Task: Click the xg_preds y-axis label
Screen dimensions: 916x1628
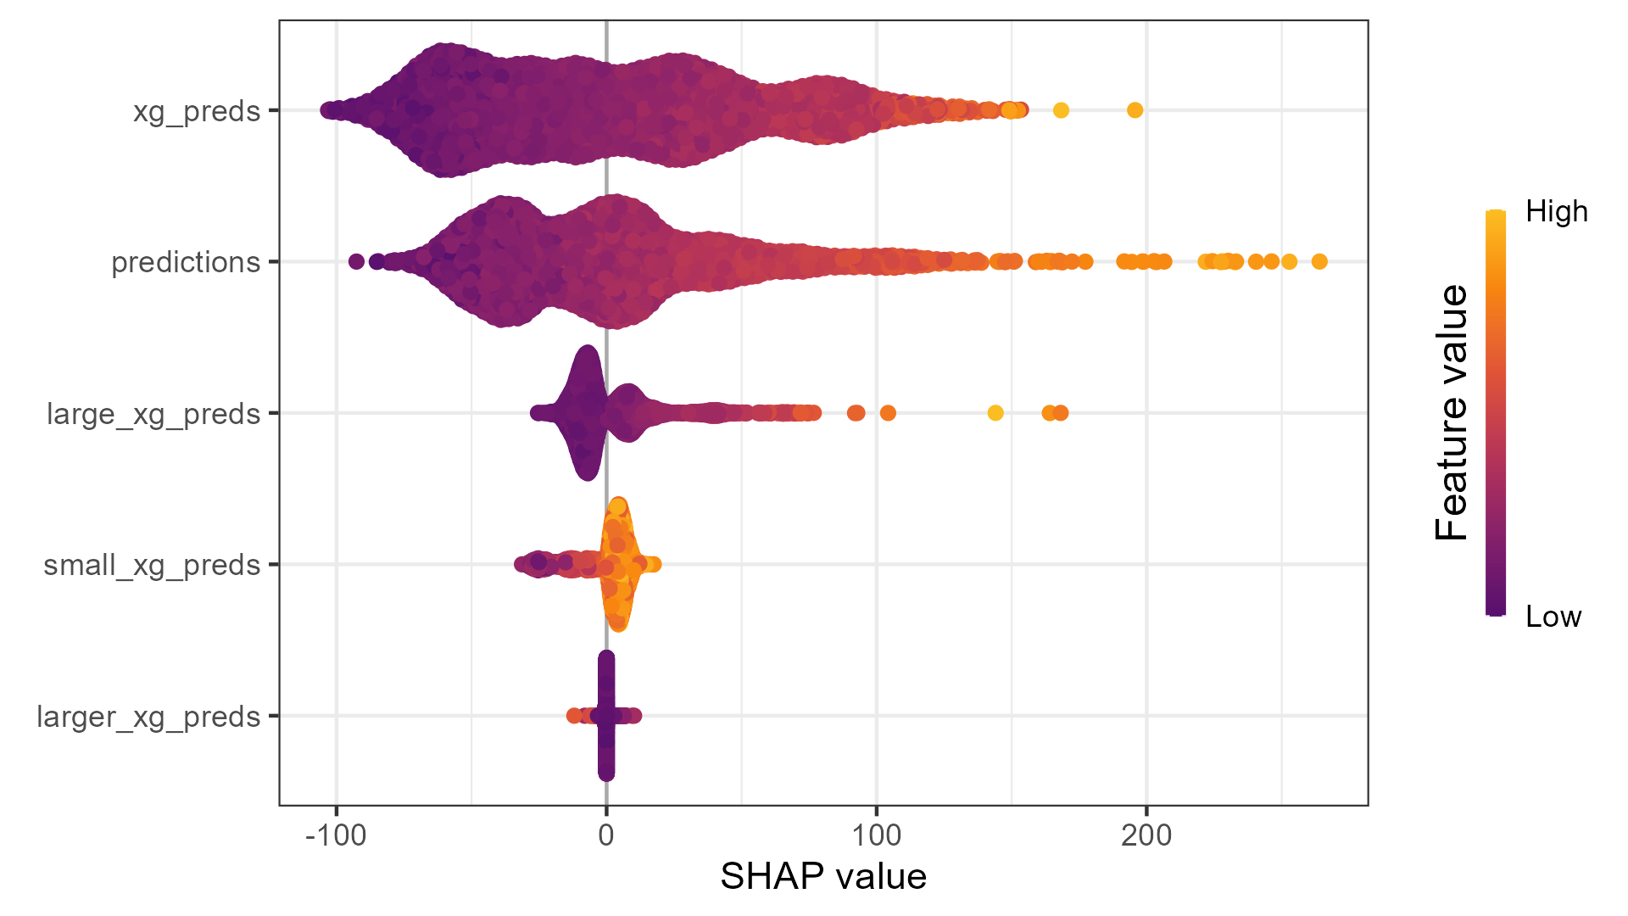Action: (196, 111)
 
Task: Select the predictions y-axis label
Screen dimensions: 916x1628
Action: (186, 262)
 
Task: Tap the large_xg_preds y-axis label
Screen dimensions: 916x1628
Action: (153, 414)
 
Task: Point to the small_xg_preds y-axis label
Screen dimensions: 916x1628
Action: (152, 565)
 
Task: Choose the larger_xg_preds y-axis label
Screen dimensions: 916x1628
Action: (148, 717)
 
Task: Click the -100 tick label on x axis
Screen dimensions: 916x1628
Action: (336, 835)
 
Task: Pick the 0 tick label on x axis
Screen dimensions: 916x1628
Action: (606, 835)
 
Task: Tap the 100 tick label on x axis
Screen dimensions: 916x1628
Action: (876, 835)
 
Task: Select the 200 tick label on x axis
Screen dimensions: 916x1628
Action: (1146, 835)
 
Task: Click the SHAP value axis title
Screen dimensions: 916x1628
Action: (822, 876)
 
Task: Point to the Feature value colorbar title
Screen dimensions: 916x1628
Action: (1452, 413)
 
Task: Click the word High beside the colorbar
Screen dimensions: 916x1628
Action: (1556, 211)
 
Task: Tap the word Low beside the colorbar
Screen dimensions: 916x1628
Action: (1553, 617)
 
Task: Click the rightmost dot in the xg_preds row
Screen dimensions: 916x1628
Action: (1135, 110)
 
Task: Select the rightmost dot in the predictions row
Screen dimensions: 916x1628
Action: (1319, 261)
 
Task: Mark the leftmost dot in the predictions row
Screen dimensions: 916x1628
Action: (356, 261)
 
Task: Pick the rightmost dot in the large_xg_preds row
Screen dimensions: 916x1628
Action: (1061, 413)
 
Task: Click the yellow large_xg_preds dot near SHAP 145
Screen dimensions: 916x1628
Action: (995, 413)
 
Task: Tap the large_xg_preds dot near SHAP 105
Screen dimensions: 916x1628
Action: (888, 413)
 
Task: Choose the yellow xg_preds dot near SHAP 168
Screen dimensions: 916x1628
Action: (1061, 110)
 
